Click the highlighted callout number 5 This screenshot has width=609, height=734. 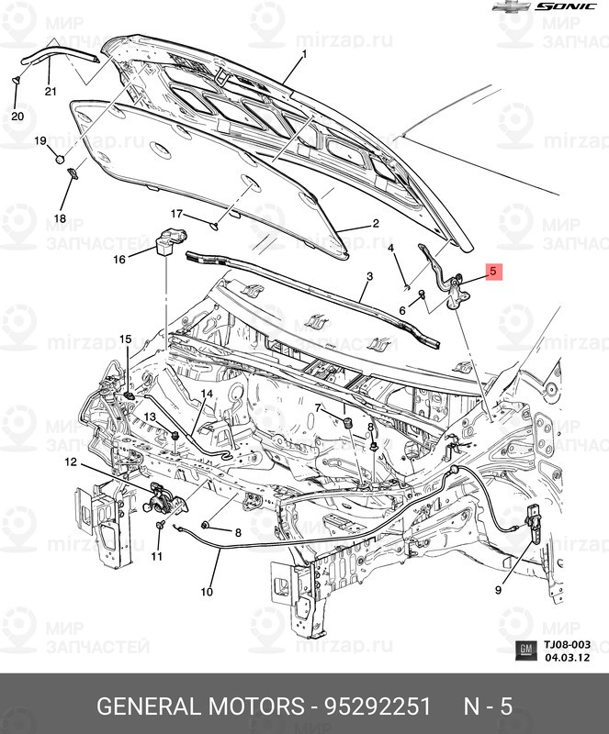click(x=492, y=272)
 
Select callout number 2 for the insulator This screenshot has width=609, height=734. click(x=375, y=223)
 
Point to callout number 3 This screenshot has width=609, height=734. click(x=369, y=276)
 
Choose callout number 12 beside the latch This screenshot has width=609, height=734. click(x=71, y=462)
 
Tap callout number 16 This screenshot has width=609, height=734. click(x=118, y=260)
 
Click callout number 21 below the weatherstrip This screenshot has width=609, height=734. click(x=50, y=91)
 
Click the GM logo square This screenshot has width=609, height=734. click(x=524, y=651)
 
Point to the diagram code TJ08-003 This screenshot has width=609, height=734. click(x=566, y=645)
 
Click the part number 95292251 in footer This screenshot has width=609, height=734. click(x=376, y=707)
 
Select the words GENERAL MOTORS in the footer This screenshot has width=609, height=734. click(x=200, y=707)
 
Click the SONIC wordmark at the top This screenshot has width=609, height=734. click(x=566, y=6)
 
